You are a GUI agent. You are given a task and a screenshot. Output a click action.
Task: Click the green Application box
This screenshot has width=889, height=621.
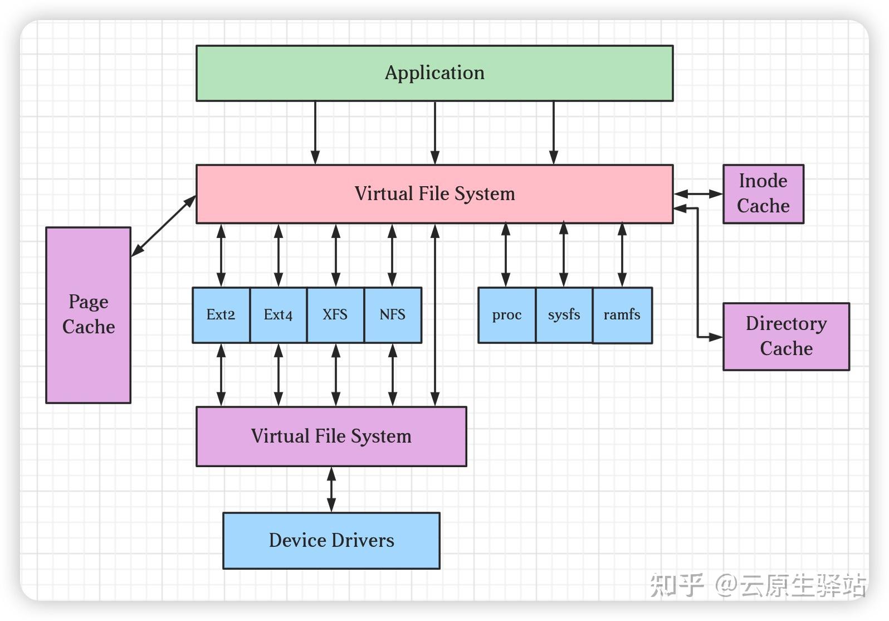coord(434,74)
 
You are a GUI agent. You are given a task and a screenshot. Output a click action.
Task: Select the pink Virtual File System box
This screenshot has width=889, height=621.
coord(434,194)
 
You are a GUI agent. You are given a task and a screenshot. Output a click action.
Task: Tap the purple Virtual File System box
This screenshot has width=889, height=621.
coord(331,436)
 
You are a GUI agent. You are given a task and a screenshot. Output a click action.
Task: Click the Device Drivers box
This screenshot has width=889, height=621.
coord(331,541)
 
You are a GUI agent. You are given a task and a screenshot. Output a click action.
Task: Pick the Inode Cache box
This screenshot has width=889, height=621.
coord(763,194)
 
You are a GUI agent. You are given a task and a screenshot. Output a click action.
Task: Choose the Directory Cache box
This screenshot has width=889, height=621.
coord(786,337)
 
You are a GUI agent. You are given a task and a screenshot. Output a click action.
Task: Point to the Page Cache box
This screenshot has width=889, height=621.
coord(89,316)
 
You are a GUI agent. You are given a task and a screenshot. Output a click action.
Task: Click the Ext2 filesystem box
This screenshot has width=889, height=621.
coord(221,316)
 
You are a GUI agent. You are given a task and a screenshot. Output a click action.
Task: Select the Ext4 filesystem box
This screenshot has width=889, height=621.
coord(279,316)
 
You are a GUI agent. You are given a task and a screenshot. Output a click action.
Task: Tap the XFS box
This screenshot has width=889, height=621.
coord(335,316)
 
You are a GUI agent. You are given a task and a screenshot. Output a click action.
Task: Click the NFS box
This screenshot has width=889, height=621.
coord(393,316)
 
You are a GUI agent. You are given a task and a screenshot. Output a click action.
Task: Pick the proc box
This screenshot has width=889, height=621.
coord(507,316)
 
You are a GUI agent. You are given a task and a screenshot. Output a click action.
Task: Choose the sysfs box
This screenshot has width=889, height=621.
coord(564,316)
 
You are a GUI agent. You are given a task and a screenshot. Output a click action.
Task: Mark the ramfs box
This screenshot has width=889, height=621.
coord(622,316)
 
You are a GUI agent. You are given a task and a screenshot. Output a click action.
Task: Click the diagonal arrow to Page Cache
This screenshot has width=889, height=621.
coord(164,226)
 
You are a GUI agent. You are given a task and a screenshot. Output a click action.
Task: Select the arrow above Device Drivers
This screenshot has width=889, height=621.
coord(331,489)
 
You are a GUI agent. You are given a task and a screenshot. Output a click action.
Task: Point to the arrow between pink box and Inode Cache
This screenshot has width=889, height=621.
coord(698,194)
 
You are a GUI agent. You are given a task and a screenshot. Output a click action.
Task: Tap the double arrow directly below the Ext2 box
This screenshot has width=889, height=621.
coord(221,375)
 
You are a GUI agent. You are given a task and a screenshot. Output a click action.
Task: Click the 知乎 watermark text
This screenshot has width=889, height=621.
coord(677,585)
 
